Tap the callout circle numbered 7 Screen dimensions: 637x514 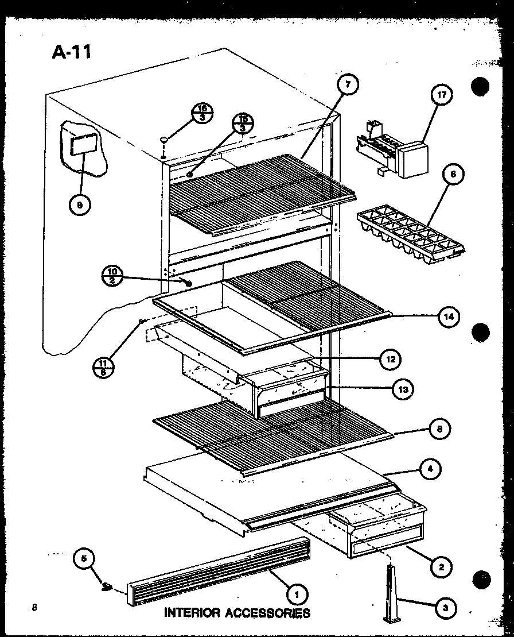pos(348,85)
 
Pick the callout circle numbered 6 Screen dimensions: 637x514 pos(453,174)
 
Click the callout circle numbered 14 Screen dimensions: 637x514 pos(449,316)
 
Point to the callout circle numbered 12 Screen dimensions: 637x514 pos(390,360)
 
